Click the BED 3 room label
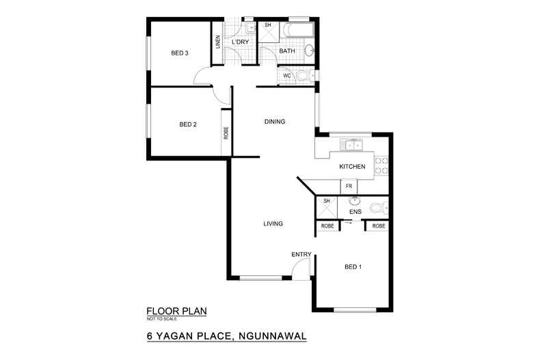[x=180, y=53]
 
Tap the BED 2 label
[x=188, y=124]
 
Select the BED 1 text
[x=352, y=266]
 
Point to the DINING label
[x=274, y=122]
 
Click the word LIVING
[x=273, y=224]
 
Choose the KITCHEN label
[x=353, y=167]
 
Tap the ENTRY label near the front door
[x=301, y=255]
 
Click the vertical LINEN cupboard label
[x=217, y=43]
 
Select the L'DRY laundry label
[x=241, y=42]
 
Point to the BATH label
[x=287, y=51]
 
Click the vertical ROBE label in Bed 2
[x=225, y=134]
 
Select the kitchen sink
[x=353, y=145]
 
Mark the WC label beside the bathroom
[x=287, y=75]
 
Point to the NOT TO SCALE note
[x=161, y=319]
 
